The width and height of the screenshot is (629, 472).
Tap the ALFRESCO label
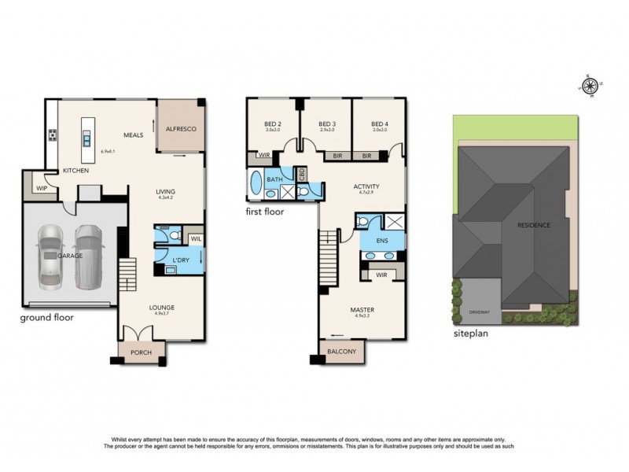(180, 128)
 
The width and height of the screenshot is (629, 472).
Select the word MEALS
(132, 135)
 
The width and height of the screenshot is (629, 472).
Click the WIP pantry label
(41, 188)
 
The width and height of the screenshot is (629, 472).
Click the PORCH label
(142, 352)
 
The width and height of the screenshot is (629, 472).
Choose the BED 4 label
(379, 124)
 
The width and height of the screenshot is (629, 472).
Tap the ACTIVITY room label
(369, 186)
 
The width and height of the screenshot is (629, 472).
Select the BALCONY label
(343, 351)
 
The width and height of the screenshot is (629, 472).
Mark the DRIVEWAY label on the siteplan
(479, 312)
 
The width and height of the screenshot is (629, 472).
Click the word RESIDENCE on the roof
(533, 225)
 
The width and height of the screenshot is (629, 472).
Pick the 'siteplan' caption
(473, 333)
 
